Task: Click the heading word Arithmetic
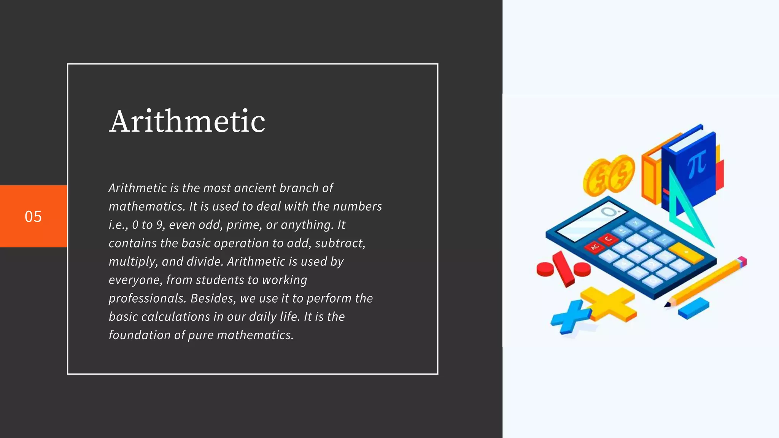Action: pos(187,121)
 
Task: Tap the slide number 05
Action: pos(33,216)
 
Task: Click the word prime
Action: pos(243,225)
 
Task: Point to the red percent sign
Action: pos(563,268)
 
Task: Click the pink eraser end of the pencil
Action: pos(742,261)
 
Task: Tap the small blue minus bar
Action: pos(693,308)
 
